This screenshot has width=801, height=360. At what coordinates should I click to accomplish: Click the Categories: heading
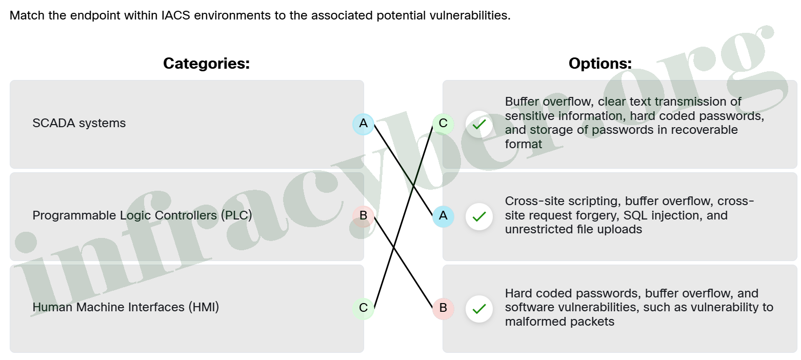point(206,64)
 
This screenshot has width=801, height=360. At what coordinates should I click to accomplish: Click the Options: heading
point(600,64)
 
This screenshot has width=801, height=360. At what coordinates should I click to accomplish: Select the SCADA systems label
point(79,123)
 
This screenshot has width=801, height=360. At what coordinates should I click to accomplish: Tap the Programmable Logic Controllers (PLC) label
point(143,215)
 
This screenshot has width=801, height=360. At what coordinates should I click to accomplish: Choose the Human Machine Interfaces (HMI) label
point(126,307)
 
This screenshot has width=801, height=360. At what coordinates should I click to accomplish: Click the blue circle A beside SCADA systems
point(363,124)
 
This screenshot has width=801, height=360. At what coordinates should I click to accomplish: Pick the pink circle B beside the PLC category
point(363,216)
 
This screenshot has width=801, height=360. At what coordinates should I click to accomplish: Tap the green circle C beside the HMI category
point(363,308)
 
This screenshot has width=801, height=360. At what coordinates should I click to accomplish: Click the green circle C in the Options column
point(443,124)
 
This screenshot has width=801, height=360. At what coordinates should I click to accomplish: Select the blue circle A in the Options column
point(443,216)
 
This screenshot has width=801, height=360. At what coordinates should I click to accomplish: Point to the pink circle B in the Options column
point(443,308)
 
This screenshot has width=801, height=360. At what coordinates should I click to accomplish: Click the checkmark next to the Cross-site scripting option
point(479,216)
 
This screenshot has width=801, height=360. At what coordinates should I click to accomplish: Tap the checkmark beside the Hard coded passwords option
point(479,309)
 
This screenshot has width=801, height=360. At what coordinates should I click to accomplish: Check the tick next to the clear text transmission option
point(479,124)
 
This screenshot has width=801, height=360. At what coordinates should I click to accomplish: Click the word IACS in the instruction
point(175,15)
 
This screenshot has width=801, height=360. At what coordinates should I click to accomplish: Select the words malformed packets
point(559,322)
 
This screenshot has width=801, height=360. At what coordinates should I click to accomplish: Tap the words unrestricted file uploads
point(574,230)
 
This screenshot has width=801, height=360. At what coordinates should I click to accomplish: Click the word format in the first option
point(524,144)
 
